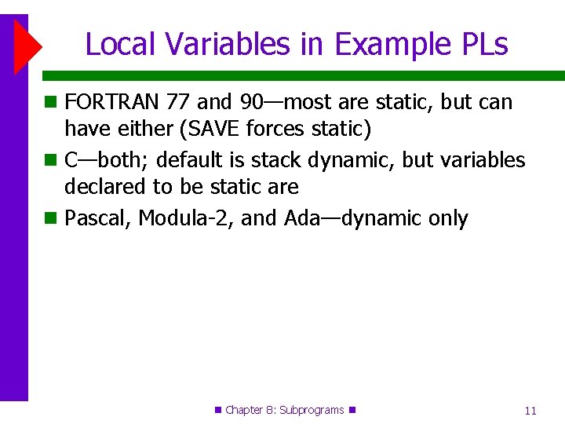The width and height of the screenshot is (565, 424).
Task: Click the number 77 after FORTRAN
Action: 180,102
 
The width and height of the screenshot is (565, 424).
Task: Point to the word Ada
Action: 301,218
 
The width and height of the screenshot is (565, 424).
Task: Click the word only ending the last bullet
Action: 447,218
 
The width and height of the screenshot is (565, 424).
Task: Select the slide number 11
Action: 530,411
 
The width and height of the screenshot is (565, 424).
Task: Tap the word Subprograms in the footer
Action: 312,410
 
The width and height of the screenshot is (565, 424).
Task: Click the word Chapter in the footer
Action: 246,410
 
